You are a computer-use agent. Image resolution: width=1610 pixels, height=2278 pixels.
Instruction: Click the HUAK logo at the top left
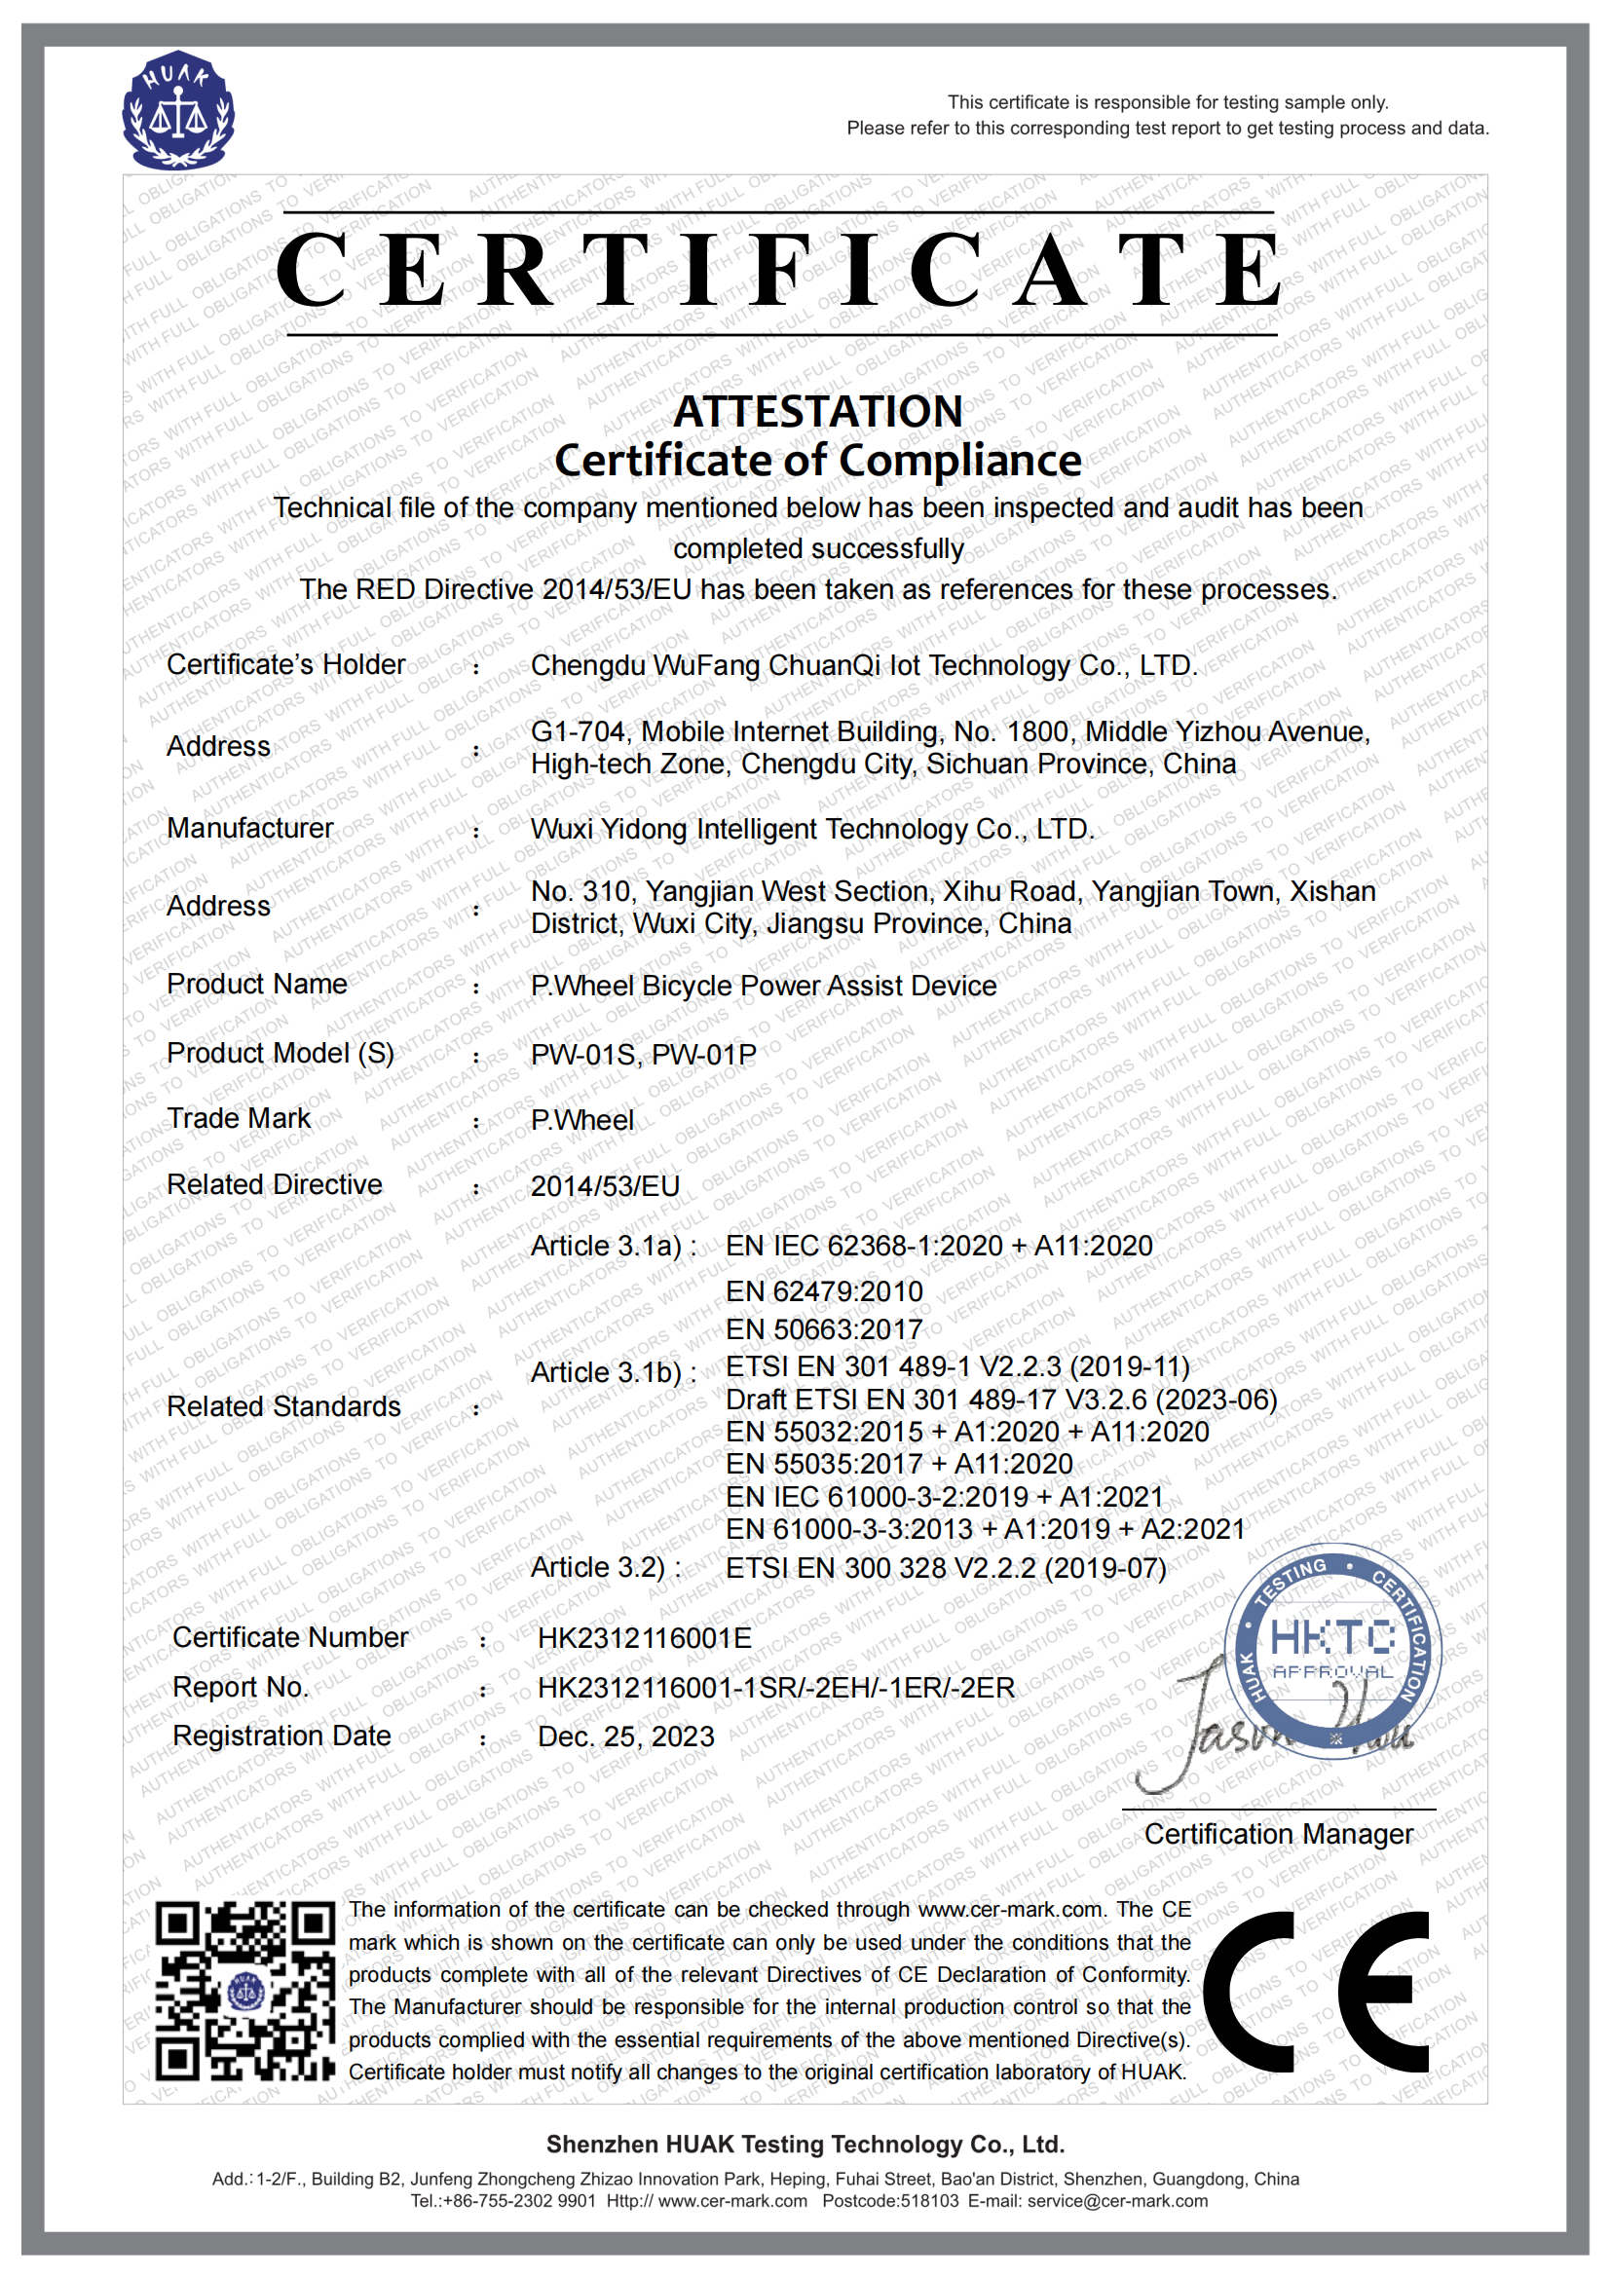click(x=177, y=109)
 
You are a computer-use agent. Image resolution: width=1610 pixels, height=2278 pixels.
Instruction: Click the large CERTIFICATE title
click(x=780, y=271)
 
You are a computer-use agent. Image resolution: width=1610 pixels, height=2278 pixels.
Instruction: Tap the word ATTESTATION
click(x=817, y=412)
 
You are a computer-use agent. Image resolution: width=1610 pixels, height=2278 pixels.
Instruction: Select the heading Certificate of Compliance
click(x=817, y=461)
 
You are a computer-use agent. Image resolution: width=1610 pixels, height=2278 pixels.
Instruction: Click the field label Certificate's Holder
click(x=285, y=665)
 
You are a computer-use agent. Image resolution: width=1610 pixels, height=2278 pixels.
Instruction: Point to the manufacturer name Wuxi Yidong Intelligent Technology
click(x=811, y=829)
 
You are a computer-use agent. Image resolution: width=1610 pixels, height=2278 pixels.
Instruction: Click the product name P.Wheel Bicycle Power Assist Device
click(x=763, y=986)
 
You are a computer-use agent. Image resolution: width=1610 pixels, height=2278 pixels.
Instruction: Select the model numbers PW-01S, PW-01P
click(x=643, y=1054)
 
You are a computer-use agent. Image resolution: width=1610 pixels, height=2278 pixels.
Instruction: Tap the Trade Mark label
click(x=238, y=1118)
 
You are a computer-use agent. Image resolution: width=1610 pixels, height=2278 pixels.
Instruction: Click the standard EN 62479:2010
click(x=823, y=1290)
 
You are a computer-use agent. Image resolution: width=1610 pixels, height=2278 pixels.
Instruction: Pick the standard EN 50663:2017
click(x=823, y=1329)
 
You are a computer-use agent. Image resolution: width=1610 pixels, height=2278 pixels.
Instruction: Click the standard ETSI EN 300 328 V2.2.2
click(x=946, y=1568)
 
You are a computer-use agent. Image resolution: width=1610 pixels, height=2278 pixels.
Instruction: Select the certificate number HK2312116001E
click(x=644, y=1638)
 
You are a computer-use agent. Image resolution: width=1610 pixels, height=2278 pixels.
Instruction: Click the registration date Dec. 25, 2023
click(x=625, y=1737)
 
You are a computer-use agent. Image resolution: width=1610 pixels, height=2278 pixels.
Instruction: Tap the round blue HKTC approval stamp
click(x=1332, y=1652)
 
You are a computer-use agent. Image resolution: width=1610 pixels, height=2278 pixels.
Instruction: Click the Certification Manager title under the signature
click(x=1278, y=1835)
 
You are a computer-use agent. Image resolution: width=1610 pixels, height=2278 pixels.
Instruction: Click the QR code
click(x=245, y=1991)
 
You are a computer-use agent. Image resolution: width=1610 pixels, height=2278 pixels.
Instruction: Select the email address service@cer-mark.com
click(x=1117, y=2201)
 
